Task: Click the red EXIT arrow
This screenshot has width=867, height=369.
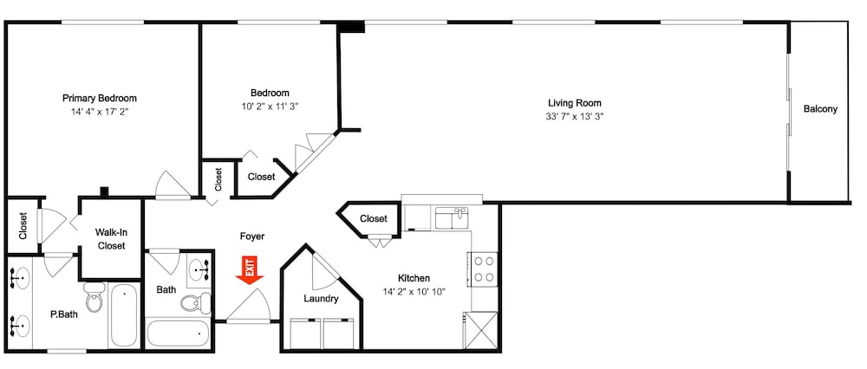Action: (250, 270)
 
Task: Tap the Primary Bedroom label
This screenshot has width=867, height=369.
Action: (100, 99)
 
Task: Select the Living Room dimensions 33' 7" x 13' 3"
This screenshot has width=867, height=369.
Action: (575, 116)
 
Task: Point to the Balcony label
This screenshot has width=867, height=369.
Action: (820, 109)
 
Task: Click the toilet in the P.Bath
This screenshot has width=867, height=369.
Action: (95, 296)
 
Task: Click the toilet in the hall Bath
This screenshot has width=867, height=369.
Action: (196, 302)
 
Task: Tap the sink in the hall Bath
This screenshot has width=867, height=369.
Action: (199, 270)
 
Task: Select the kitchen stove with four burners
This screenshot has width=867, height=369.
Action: (484, 269)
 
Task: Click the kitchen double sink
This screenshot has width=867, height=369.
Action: (452, 217)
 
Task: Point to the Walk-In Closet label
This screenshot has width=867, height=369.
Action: (111, 239)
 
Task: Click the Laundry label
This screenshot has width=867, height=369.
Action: (321, 299)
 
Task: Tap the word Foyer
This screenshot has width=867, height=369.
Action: (251, 236)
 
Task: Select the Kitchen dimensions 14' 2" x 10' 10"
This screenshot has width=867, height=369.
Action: (414, 291)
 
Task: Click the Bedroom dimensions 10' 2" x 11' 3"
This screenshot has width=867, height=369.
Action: (270, 106)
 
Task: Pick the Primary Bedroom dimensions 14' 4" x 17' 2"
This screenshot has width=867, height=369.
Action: (100, 111)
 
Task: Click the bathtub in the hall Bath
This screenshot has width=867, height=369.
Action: (179, 333)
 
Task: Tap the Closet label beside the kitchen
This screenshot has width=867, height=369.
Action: (374, 219)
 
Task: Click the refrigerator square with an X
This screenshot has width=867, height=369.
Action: (481, 330)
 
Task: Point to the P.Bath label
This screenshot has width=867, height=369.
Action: (63, 315)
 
